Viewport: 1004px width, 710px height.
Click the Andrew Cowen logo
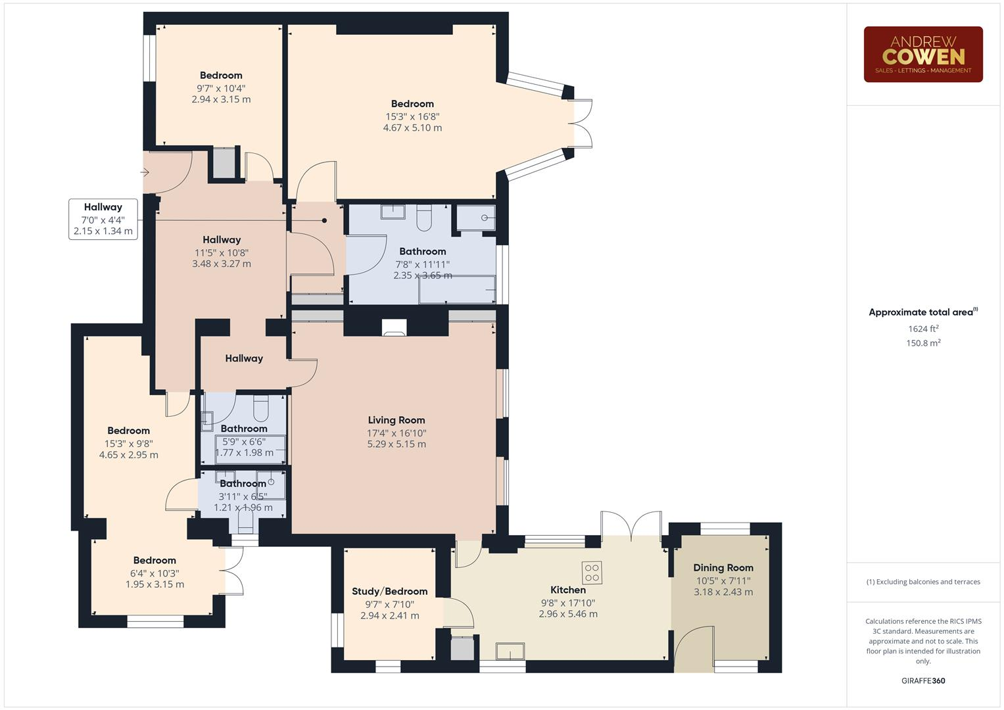tap(922, 55)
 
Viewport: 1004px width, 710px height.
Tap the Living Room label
tap(396, 420)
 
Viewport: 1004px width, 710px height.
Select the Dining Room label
tap(723, 568)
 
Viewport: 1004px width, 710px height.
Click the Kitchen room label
tap(567, 590)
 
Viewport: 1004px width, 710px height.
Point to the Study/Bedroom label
tap(389, 592)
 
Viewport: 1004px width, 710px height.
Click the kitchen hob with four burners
tap(592, 572)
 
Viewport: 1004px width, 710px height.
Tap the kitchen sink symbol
tap(510, 651)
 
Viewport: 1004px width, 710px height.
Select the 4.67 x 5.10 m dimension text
tap(412, 128)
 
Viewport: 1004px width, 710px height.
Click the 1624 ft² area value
tap(923, 329)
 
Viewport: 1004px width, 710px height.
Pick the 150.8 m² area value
tap(923, 343)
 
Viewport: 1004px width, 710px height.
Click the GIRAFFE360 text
tap(923, 680)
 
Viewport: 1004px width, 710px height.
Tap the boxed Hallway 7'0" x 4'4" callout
tap(103, 219)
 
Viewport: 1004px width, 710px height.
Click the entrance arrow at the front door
tap(145, 173)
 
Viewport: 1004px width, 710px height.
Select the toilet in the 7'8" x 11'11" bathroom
tap(424, 218)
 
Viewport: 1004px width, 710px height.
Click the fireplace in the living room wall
tap(394, 327)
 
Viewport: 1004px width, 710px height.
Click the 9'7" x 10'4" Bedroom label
tap(221, 76)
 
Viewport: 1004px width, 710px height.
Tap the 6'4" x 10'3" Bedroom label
tap(155, 561)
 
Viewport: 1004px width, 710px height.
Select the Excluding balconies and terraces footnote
tap(923, 582)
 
